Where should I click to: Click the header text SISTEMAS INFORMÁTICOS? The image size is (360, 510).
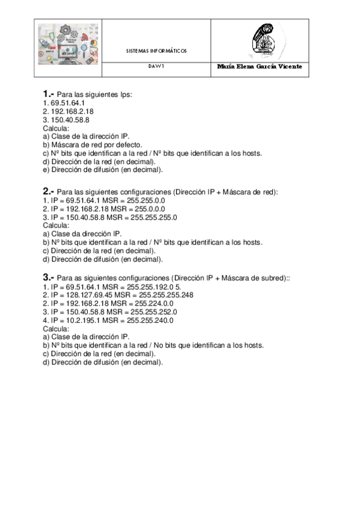point(156,51)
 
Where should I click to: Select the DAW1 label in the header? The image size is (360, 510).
point(156,67)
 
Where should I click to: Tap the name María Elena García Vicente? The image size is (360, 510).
point(260,67)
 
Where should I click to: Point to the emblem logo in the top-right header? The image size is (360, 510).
point(260,40)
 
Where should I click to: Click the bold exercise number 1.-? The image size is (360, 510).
point(49,94)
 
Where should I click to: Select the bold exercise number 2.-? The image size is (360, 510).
point(49,192)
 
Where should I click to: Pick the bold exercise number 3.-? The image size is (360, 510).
point(49,277)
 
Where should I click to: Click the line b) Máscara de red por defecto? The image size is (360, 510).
point(92,144)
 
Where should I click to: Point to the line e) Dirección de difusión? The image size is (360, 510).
point(103,170)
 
